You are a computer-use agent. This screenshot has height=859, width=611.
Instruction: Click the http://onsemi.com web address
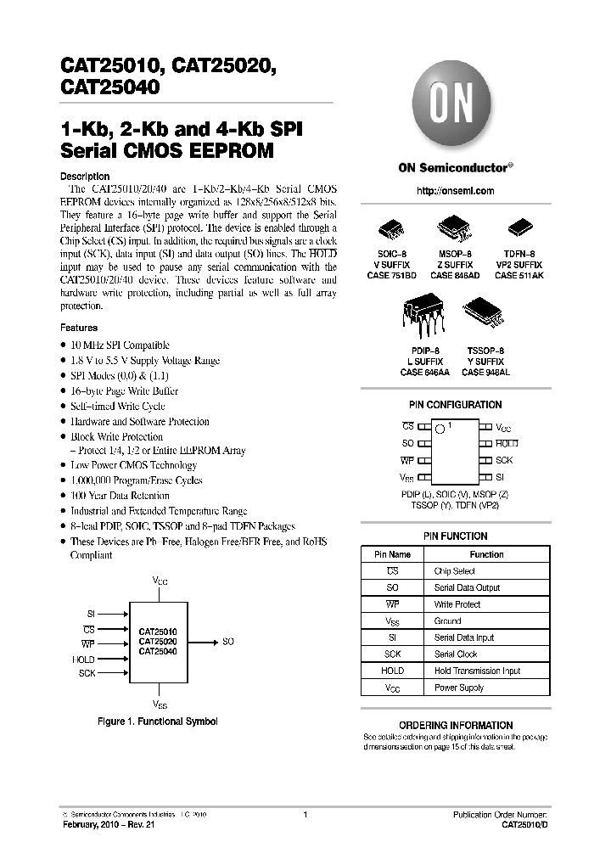tap(456, 191)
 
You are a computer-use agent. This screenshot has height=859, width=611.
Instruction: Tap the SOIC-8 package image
tap(396, 230)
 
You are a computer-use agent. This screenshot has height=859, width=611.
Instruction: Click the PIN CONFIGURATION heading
tap(456, 405)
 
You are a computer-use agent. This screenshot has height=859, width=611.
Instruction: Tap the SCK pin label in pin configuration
tap(505, 459)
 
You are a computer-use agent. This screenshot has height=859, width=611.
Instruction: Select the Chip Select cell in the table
tap(455, 571)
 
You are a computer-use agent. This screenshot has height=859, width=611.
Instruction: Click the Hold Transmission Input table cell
tap(477, 671)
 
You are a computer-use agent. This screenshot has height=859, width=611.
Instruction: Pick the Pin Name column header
tap(392, 554)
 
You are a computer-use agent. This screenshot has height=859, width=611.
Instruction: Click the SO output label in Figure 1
tap(227, 643)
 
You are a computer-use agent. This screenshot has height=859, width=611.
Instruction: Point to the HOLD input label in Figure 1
tap(84, 660)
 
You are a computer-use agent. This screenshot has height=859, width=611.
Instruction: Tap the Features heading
tap(79, 328)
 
